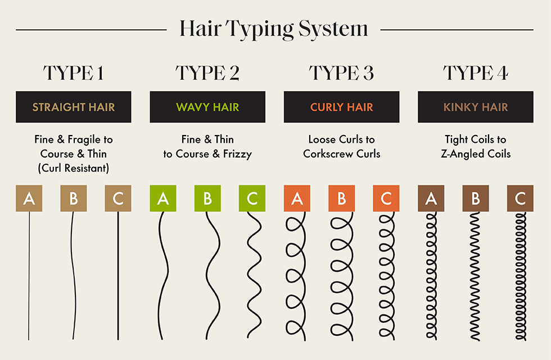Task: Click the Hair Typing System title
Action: pyautogui.click(x=274, y=29)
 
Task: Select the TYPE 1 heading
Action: pyautogui.click(x=73, y=73)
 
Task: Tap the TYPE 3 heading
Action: pyautogui.click(x=341, y=73)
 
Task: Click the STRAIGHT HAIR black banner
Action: pyautogui.click(x=73, y=107)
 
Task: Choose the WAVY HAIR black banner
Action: pyautogui.click(x=207, y=107)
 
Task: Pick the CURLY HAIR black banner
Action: pyautogui.click(x=341, y=107)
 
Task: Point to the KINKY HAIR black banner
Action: pyautogui.click(x=476, y=107)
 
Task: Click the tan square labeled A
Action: pyautogui.click(x=29, y=199)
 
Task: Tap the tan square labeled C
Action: pyautogui.click(x=118, y=199)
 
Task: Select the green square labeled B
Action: pyautogui.click(x=207, y=199)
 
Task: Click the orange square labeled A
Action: pyautogui.click(x=297, y=199)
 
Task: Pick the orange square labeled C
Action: pyautogui.click(x=386, y=199)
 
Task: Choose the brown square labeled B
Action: pyautogui.click(x=476, y=199)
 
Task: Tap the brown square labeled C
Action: pyautogui.click(x=520, y=199)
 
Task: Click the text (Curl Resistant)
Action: pyautogui.click(x=73, y=168)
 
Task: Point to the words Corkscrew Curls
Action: pyautogui.click(x=341, y=154)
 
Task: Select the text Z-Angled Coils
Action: pyautogui.click(x=476, y=154)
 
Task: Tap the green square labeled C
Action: pyautogui.click(x=252, y=199)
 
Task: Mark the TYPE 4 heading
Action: pyautogui.click(x=476, y=73)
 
